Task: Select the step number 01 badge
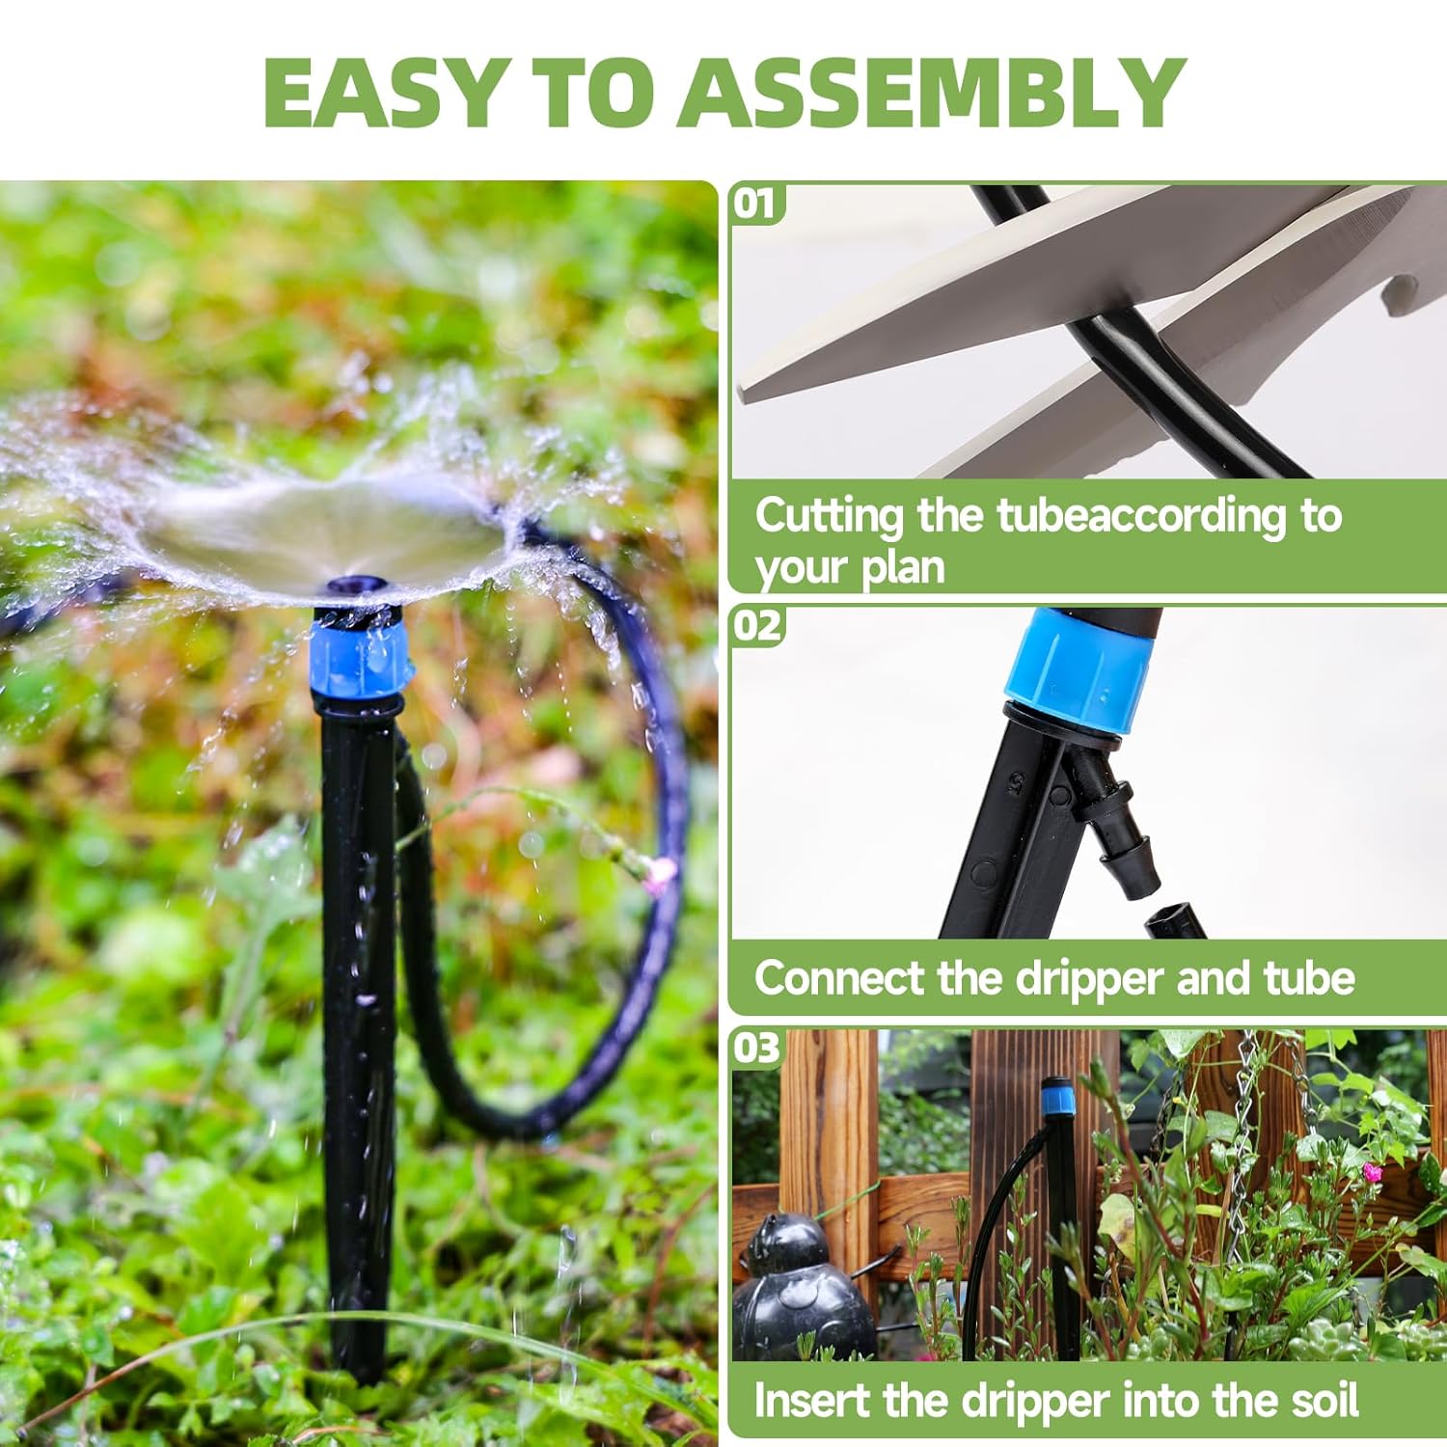click(756, 204)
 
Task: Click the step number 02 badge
click(757, 626)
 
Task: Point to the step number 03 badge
click(757, 1048)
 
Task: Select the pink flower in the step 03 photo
click(1372, 1172)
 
